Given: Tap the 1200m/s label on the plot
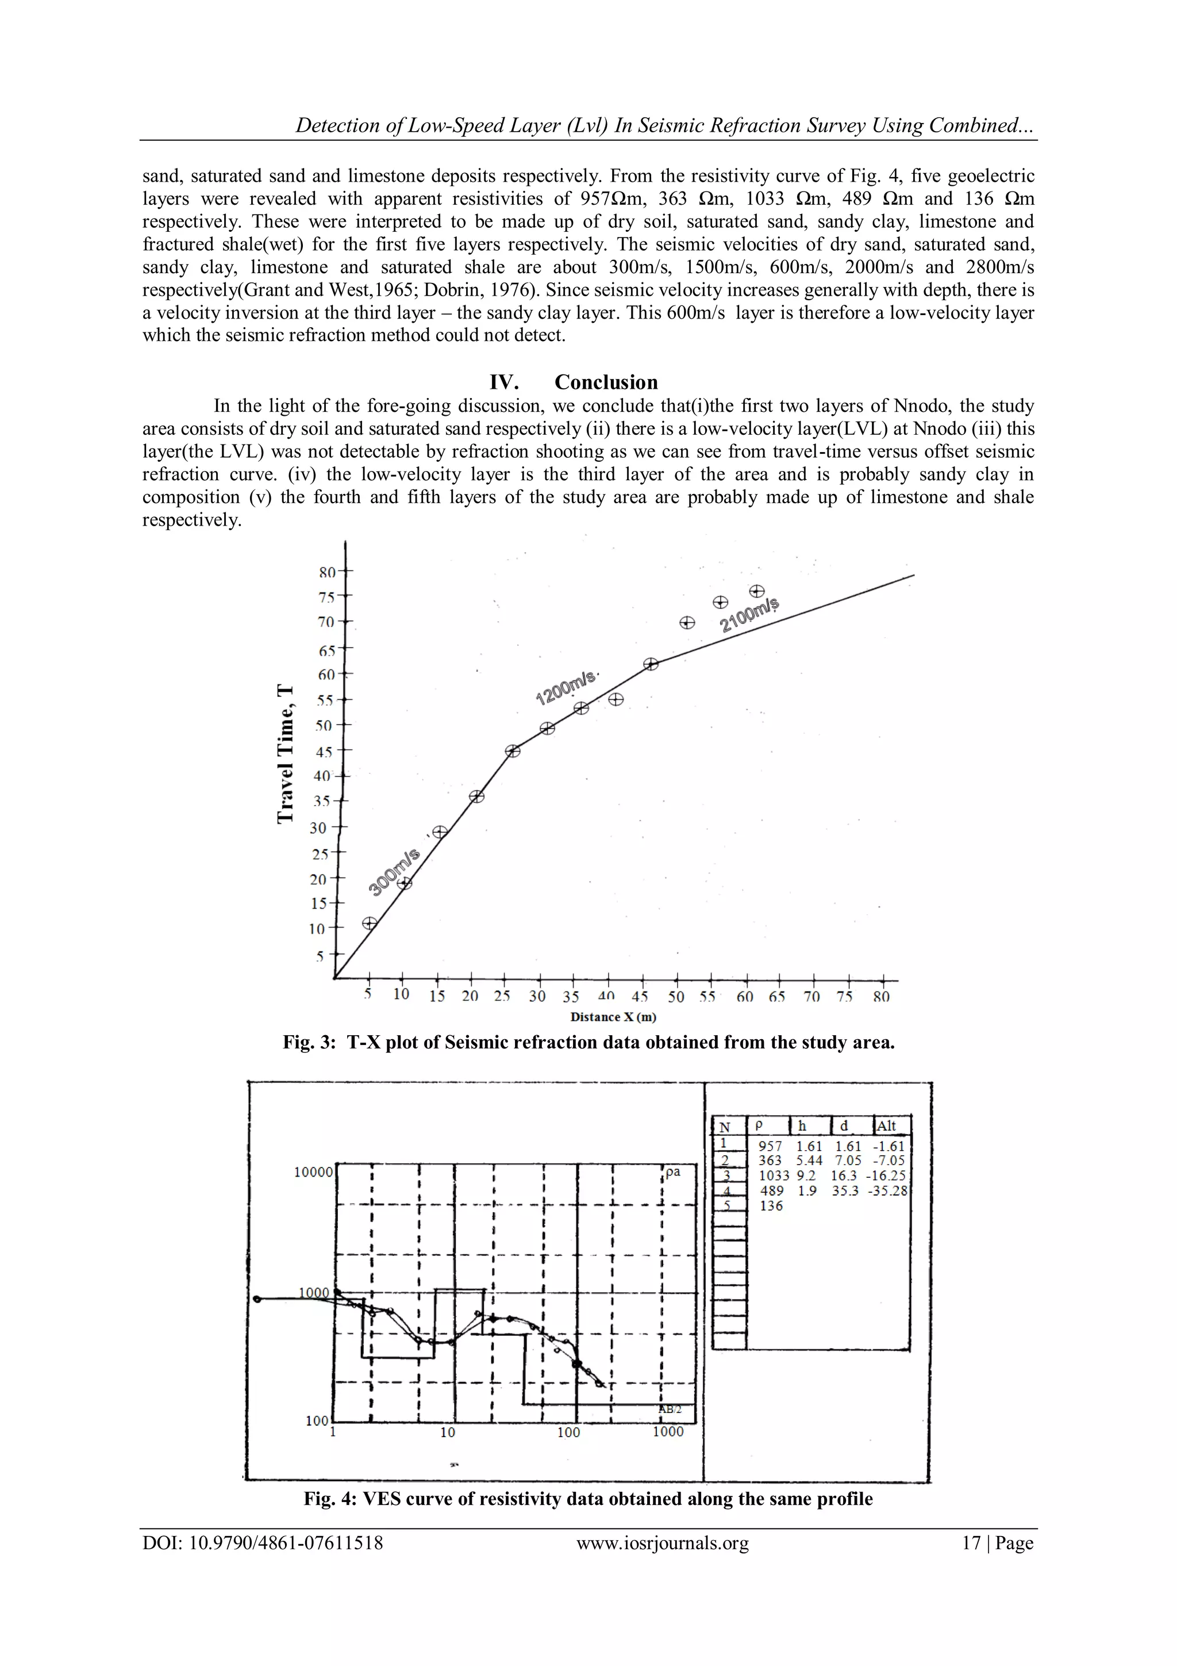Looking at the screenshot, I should tap(565, 687).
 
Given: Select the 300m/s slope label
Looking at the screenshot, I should tap(393, 872).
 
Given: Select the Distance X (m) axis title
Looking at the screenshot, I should tap(613, 1017).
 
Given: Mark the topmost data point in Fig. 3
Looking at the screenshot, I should tap(756, 591).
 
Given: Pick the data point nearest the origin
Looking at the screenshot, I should tap(370, 923).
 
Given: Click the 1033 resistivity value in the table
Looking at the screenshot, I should tap(773, 1175).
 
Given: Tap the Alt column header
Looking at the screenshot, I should tap(887, 1126).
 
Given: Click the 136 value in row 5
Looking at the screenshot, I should tap(771, 1206).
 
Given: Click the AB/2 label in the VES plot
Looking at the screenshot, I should tap(670, 1409).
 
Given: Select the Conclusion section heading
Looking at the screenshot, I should tap(606, 382).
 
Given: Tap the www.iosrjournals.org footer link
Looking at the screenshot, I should tap(662, 1543).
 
